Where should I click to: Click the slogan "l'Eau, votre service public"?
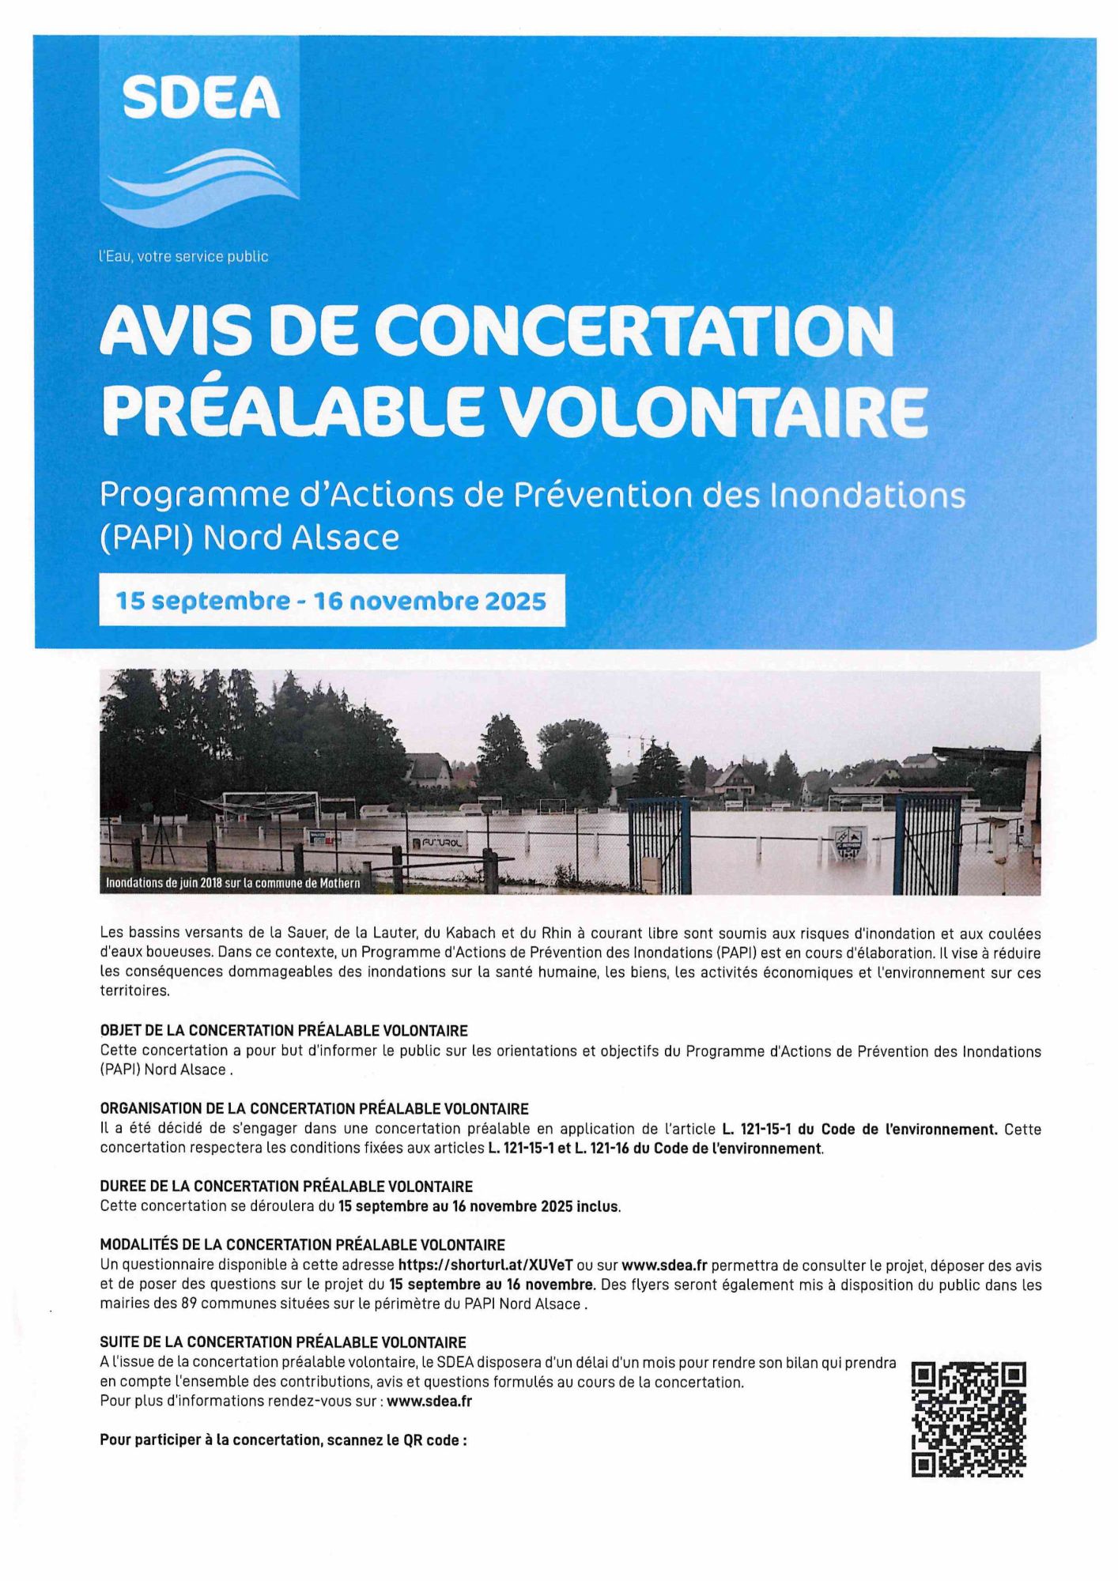pyautogui.click(x=183, y=257)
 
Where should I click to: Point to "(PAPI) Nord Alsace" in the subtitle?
pyautogui.click(x=249, y=538)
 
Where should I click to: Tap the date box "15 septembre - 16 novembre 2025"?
pyautogui.click(x=331, y=601)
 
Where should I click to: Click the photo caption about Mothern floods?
pyautogui.click(x=233, y=883)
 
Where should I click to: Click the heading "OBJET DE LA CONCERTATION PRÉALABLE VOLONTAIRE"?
pyautogui.click(x=284, y=1031)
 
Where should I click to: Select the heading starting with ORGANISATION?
pyautogui.click(x=314, y=1108)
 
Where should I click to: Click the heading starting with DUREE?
pyautogui.click(x=286, y=1186)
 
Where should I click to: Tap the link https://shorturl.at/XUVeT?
pyautogui.click(x=485, y=1265)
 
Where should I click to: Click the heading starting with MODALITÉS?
pyautogui.click(x=302, y=1245)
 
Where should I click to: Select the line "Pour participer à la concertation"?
pyautogui.click(x=283, y=1440)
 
